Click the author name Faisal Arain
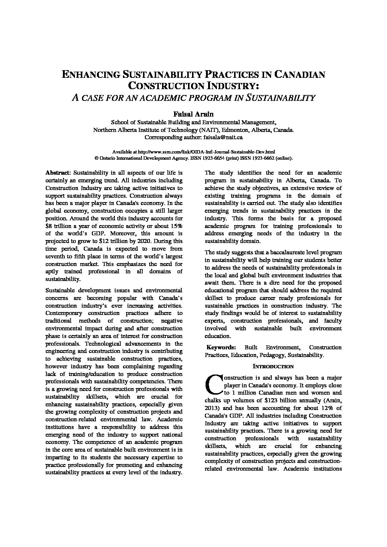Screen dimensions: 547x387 pos(193,114)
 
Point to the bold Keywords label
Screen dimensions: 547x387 pos(221,347)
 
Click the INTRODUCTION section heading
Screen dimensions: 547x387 pos(273,366)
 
